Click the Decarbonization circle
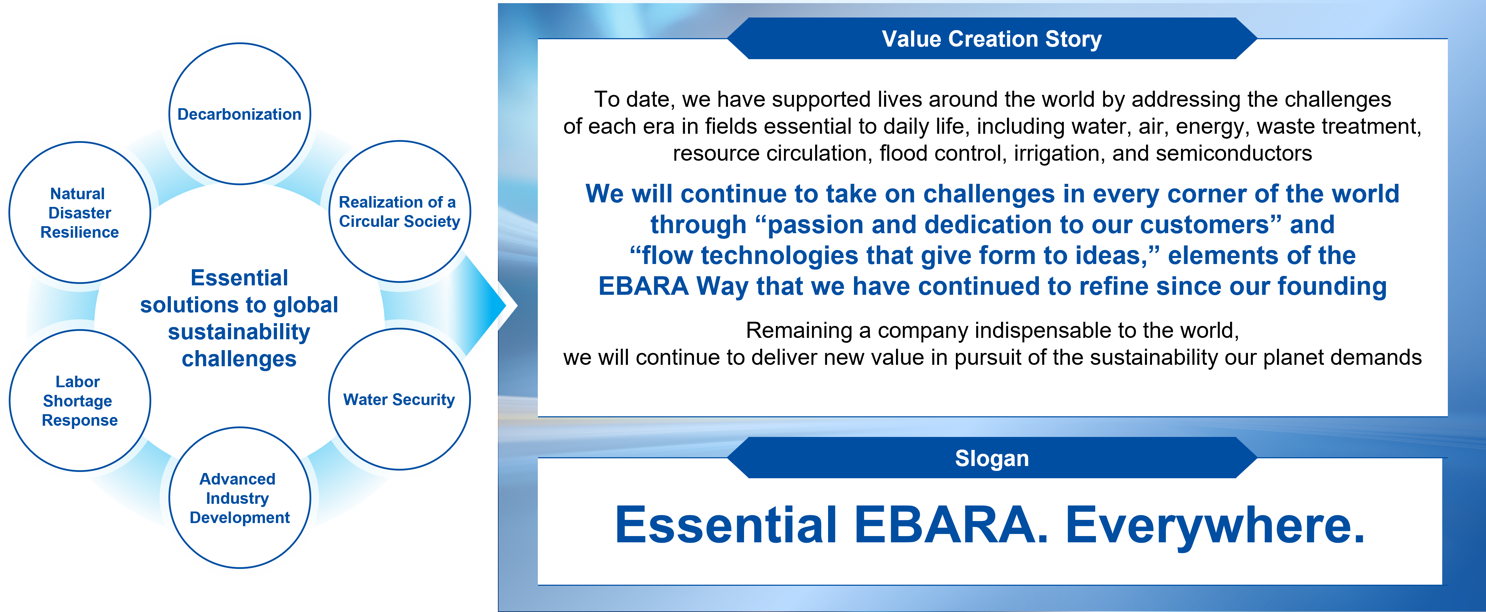[x=239, y=114]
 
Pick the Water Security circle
[x=399, y=399]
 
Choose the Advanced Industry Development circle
[x=239, y=498]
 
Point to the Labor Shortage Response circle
[x=79, y=400]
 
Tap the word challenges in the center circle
[x=239, y=359]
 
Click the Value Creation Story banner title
[x=992, y=39]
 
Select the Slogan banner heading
[x=992, y=458]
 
